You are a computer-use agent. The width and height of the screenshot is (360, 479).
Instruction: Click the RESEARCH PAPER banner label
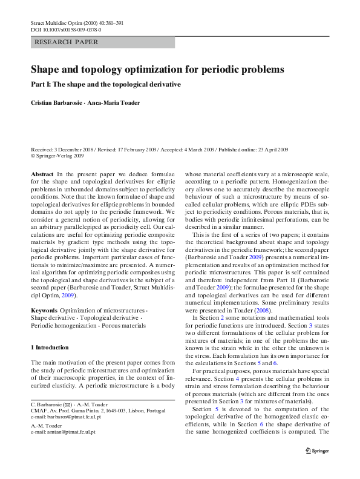pos(67,42)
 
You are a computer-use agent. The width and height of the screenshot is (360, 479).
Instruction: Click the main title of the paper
pos(157,70)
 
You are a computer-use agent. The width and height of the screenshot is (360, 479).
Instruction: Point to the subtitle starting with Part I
pos(106,84)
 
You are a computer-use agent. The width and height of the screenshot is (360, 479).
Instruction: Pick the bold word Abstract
pos(42,174)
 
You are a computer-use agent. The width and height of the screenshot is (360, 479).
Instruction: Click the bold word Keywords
pos(44,311)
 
